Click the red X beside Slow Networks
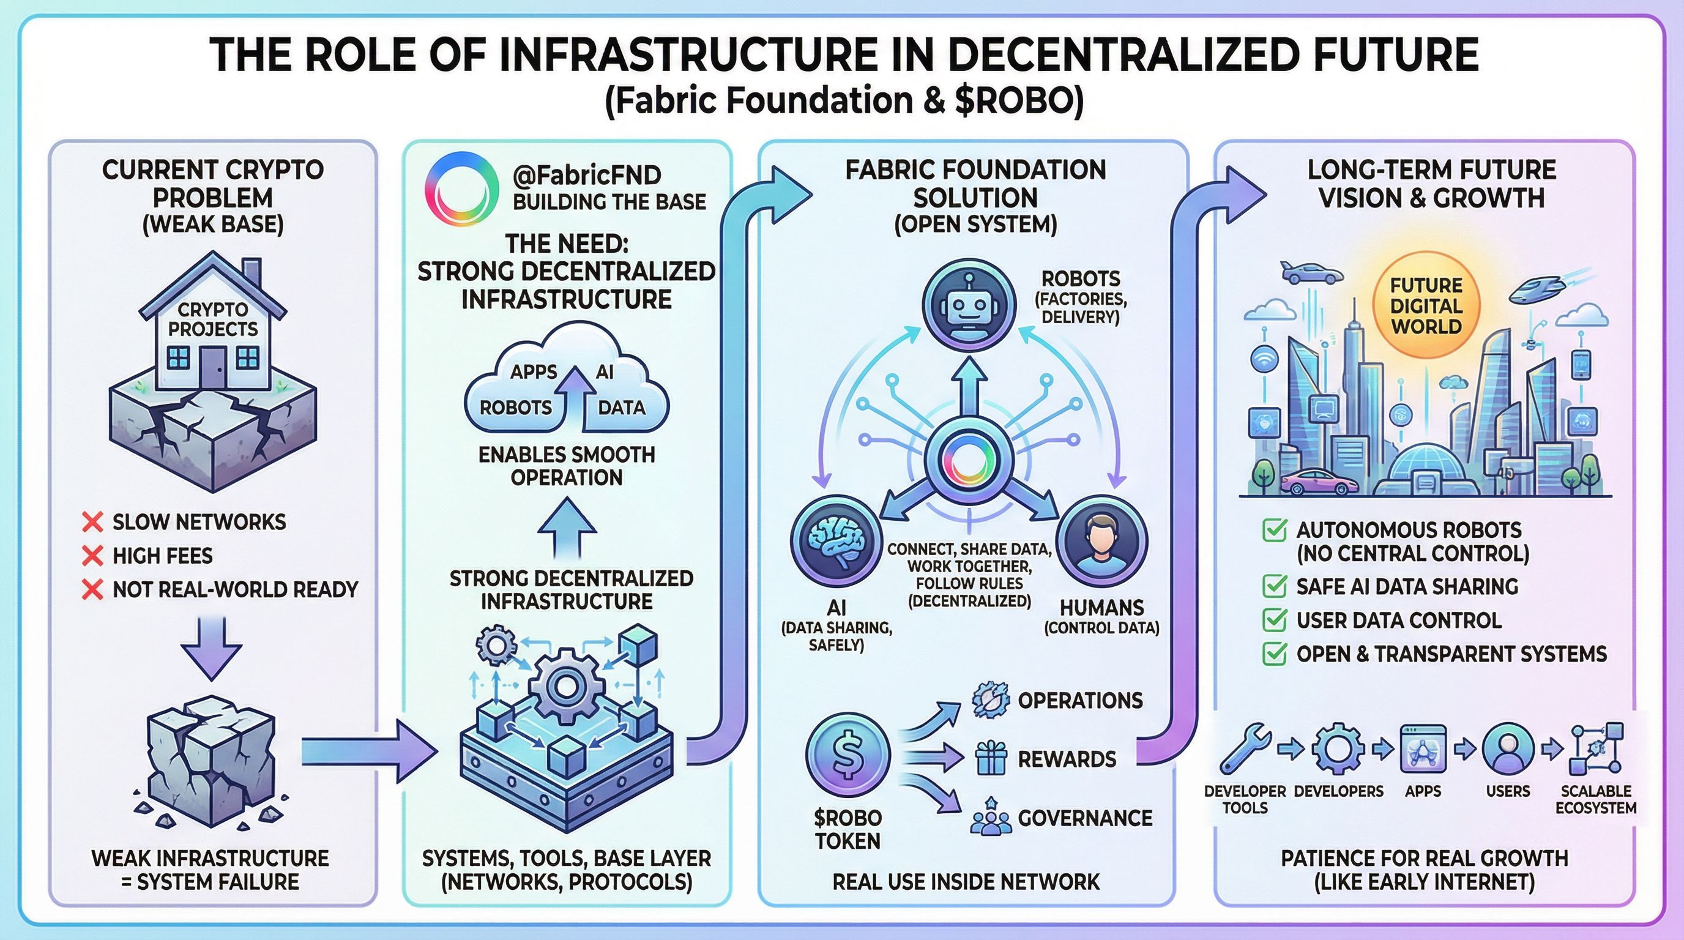point(93,521)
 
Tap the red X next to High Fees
point(93,556)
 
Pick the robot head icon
point(969,305)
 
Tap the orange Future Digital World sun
point(1426,307)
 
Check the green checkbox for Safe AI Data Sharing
point(1274,586)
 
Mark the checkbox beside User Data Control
point(1274,620)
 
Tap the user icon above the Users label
point(1508,749)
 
